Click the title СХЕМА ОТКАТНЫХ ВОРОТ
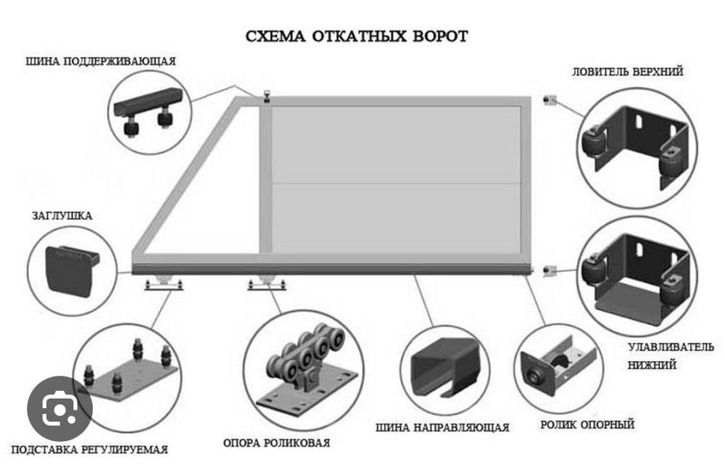357,36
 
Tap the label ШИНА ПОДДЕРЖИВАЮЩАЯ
101,61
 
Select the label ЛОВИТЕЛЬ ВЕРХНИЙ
627,72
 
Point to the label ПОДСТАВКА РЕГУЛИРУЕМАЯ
90,450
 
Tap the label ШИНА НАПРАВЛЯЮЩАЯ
442,427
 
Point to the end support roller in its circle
558,365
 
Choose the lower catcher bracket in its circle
634,276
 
